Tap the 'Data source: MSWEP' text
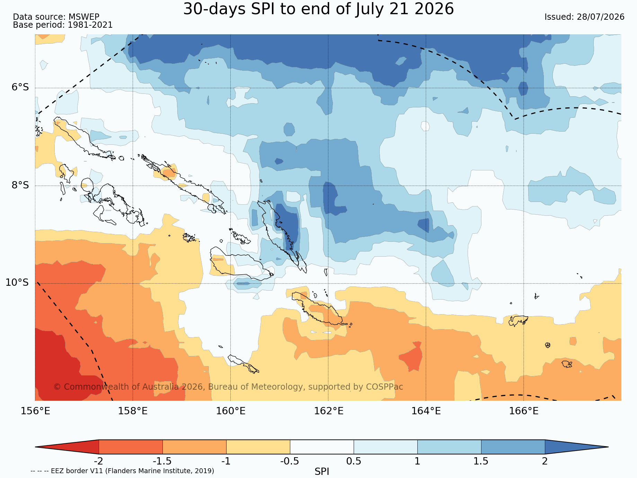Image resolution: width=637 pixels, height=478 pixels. [56, 17]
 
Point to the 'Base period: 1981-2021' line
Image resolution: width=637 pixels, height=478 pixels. [63, 25]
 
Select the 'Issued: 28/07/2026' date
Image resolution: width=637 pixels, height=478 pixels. [584, 17]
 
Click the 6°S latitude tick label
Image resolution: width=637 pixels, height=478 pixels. [20, 87]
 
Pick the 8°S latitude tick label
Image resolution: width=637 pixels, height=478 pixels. [20, 185]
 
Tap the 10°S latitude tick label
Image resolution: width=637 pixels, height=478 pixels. [17, 283]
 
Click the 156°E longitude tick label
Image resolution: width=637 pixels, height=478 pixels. [35, 411]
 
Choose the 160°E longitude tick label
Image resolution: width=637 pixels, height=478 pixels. [231, 411]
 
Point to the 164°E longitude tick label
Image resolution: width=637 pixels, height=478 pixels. [426, 411]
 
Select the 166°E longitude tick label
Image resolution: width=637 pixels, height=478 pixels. [524, 411]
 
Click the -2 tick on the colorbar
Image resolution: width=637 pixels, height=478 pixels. [99, 461]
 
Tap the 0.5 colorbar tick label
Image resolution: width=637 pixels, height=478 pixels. [354, 461]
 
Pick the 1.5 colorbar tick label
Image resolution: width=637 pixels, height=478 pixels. [481, 461]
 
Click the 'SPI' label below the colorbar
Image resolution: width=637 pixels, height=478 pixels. [322, 471]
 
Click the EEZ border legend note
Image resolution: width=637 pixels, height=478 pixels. [122, 471]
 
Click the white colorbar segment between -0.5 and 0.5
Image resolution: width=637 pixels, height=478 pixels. [322, 447]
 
